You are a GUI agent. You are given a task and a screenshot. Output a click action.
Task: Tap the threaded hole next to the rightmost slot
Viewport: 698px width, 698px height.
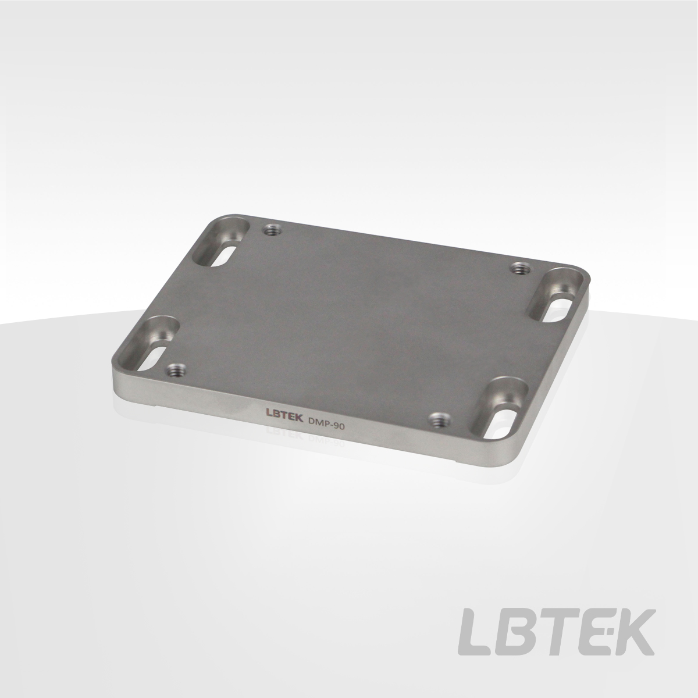[520, 268]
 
